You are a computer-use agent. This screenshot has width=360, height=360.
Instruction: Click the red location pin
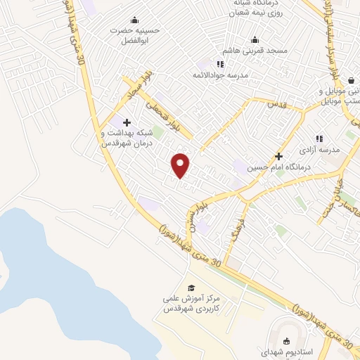[181, 165]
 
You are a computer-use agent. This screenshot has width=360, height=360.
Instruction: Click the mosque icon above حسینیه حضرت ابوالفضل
[134, 20]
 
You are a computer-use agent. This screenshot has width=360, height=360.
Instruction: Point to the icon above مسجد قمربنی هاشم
[254, 39]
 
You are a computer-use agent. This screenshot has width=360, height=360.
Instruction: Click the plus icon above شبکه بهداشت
[127, 123]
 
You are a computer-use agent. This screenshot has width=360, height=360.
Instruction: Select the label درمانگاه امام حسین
[278, 167]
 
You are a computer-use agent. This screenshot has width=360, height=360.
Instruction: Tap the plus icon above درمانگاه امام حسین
[278, 156]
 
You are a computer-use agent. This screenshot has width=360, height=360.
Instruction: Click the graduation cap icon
[191, 288]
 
